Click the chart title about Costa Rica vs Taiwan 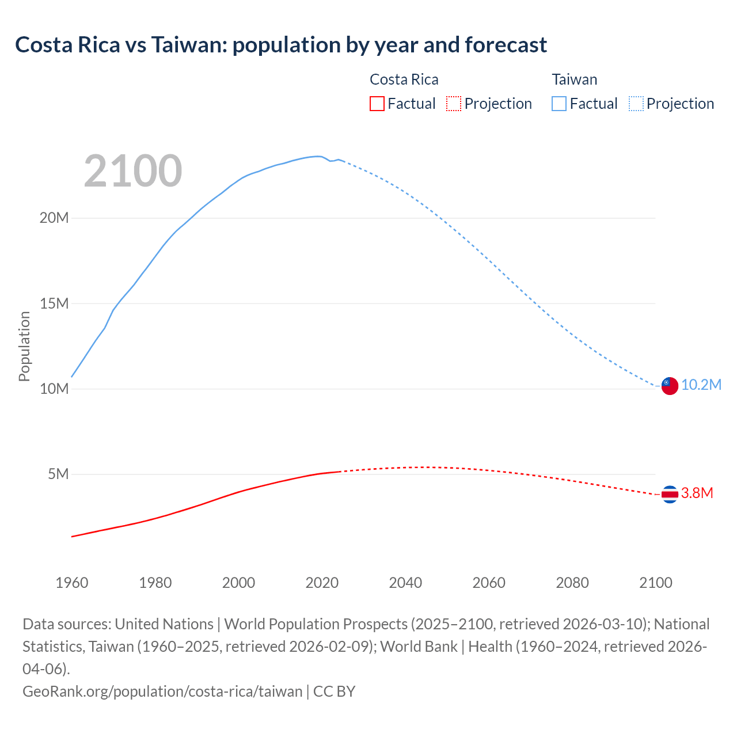click(281, 45)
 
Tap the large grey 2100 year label click(133, 171)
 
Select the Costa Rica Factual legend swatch click(377, 104)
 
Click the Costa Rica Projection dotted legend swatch click(454, 104)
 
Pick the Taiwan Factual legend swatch click(559, 104)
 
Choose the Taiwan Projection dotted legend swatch click(636, 104)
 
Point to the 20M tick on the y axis click(54, 218)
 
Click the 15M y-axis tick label click(54, 303)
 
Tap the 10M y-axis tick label click(54, 389)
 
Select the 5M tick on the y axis click(58, 474)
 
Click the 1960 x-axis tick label click(72, 583)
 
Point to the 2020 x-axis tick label click(322, 583)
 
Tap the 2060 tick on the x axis click(489, 583)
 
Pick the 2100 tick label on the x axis click(656, 583)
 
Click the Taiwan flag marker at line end click(670, 386)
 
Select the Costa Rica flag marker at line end click(670, 494)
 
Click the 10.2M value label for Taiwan click(701, 385)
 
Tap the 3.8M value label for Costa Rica click(697, 493)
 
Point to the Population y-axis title click(24, 346)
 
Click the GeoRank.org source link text click(162, 691)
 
